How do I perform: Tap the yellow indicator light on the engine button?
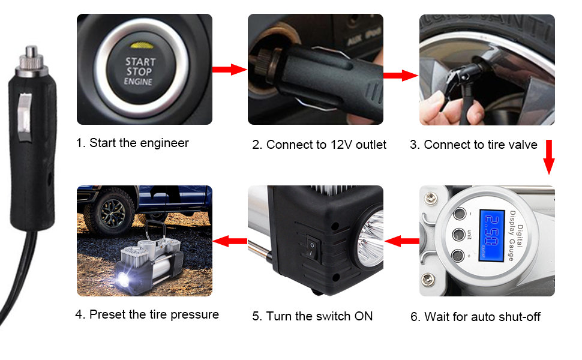click(x=140, y=44)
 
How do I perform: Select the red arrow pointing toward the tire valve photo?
click(x=401, y=76)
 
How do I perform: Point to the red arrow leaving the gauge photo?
click(x=402, y=241)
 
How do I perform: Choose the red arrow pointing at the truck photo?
click(x=230, y=241)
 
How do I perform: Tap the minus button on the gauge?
click(x=461, y=214)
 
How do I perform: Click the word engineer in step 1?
click(x=164, y=143)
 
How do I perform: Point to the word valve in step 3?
click(x=522, y=145)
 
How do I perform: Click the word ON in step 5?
click(x=362, y=316)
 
